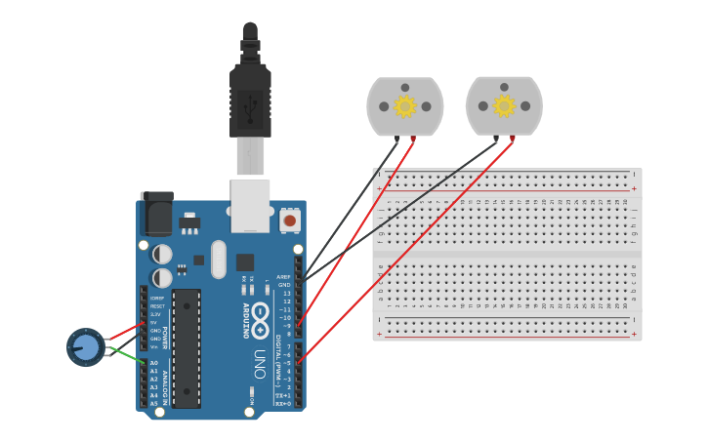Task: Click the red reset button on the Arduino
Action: (289, 221)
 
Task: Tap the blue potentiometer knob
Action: (85, 346)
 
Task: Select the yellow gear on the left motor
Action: (404, 106)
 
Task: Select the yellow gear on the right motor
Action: (504, 106)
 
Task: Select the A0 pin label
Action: (153, 363)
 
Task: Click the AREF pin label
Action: (284, 276)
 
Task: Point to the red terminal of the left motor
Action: (412, 140)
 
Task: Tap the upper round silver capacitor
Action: (162, 254)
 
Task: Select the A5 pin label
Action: (153, 403)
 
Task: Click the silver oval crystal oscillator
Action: (217, 259)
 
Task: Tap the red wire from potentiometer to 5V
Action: (123, 333)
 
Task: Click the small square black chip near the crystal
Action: (244, 261)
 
